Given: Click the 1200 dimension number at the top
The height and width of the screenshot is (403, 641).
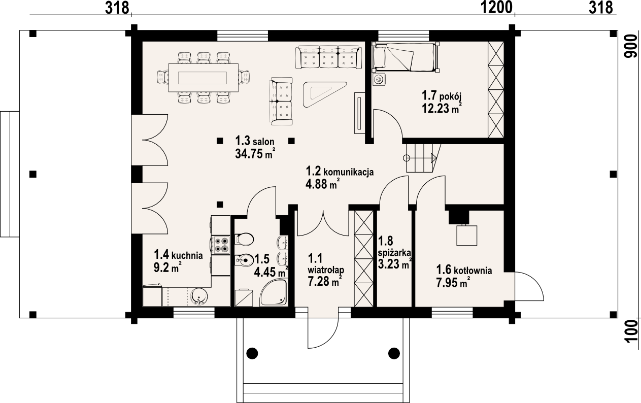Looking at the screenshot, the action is point(496,8).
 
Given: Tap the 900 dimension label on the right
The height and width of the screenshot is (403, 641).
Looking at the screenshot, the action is point(631,46).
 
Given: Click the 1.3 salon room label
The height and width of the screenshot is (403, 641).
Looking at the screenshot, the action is point(255,141).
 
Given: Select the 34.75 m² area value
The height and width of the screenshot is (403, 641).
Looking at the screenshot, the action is point(255,154).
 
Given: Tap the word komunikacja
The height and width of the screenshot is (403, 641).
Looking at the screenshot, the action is point(349,172).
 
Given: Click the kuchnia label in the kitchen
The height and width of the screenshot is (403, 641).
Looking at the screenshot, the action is point(187,255).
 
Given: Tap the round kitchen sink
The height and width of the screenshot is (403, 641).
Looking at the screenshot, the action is point(198,296).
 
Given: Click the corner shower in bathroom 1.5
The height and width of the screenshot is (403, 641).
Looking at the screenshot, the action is point(274,293).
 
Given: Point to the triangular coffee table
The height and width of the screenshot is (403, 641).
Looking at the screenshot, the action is point(323,93).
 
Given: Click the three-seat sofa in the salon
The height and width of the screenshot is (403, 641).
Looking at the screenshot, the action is point(328,57).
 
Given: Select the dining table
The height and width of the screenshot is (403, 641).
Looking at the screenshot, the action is point(203,78).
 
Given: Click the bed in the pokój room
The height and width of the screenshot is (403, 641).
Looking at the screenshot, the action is point(406,57).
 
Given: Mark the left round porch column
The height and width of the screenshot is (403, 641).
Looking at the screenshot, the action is point(252,353).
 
